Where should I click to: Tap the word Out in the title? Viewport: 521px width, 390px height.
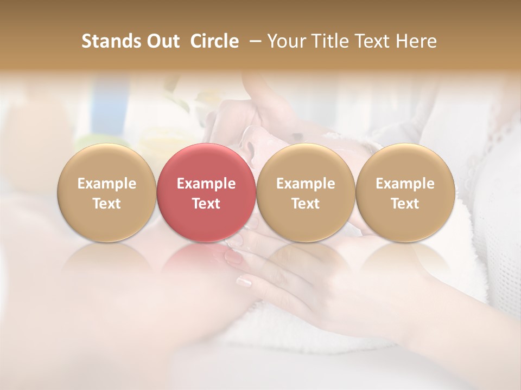point(162,41)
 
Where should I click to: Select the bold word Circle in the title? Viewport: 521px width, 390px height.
point(214,41)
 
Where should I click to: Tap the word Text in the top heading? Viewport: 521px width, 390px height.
point(378,41)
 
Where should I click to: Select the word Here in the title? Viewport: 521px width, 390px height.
point(418,41)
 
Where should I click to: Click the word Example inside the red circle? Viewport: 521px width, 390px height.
point(206,184)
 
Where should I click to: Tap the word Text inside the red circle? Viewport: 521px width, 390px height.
point(206,204)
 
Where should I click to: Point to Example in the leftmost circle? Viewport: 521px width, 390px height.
point(107,184)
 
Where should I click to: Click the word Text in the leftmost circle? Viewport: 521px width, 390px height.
point(107,204)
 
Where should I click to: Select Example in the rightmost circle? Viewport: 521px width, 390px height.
point(405,184)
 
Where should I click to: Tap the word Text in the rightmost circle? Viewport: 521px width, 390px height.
point(405,204)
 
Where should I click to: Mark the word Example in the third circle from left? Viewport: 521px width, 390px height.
point(306,184)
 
